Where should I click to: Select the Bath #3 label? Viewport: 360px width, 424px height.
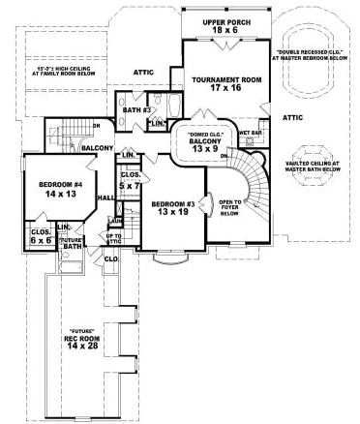tap(134, 111)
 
